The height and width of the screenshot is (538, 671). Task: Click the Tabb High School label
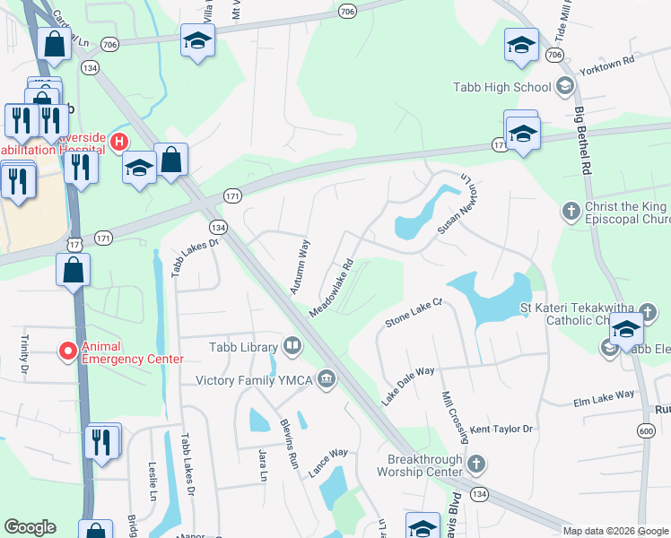(501, 87)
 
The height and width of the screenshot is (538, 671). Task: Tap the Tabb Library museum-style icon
(293, 345)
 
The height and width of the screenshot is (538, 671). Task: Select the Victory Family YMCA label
(254, 380)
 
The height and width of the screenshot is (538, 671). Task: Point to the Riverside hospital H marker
(118, 141)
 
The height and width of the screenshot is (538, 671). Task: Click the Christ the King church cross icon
(571, 212)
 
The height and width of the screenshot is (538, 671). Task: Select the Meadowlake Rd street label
(333, 287)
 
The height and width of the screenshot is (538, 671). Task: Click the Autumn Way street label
(299, 267)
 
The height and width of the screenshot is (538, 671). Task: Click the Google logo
(30, 527)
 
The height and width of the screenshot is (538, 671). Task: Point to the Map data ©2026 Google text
(614, 531)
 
